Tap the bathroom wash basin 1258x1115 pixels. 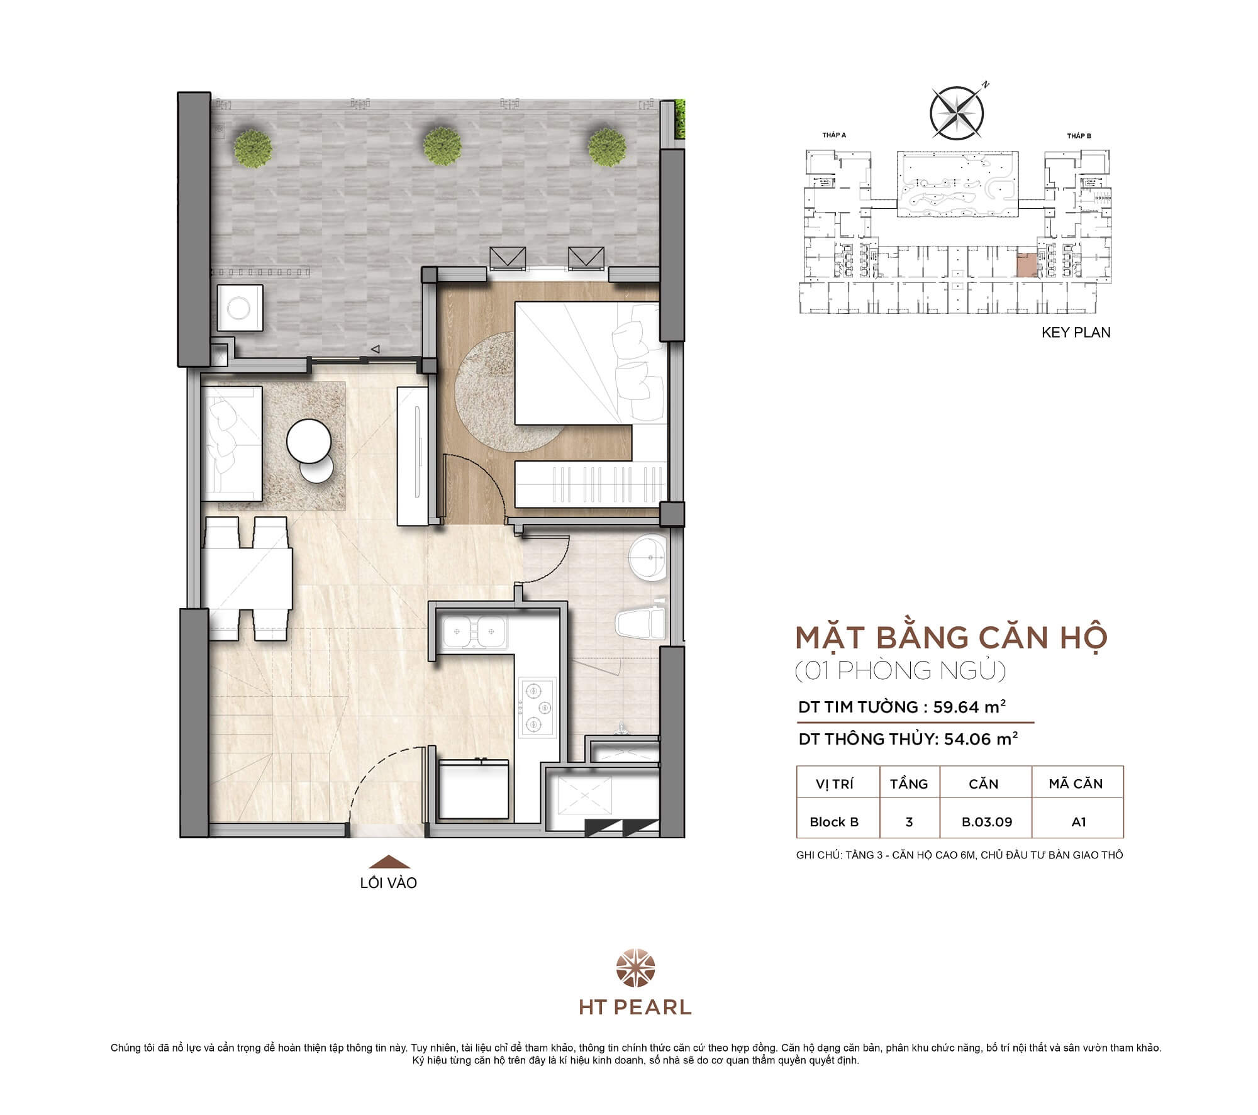(648, 557)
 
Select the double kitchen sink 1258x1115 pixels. (474, 631)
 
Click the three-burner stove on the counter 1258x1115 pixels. (537, 707)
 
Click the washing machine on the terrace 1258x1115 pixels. (240, 308)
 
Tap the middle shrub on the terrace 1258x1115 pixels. (443, 147)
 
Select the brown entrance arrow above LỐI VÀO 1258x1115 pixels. (389, 862)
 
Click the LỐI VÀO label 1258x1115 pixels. (389, 883)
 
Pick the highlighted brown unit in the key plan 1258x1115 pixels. (1027, 265)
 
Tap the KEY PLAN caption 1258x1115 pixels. (1076, 333)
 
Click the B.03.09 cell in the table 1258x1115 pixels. (986, 822)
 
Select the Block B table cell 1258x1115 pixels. (834, 822)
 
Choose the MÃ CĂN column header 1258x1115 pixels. (1076, 784)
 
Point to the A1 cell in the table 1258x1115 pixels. (1078, 822)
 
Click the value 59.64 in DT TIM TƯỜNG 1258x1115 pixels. (956, 707)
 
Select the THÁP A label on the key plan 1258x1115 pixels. (834, 135)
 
